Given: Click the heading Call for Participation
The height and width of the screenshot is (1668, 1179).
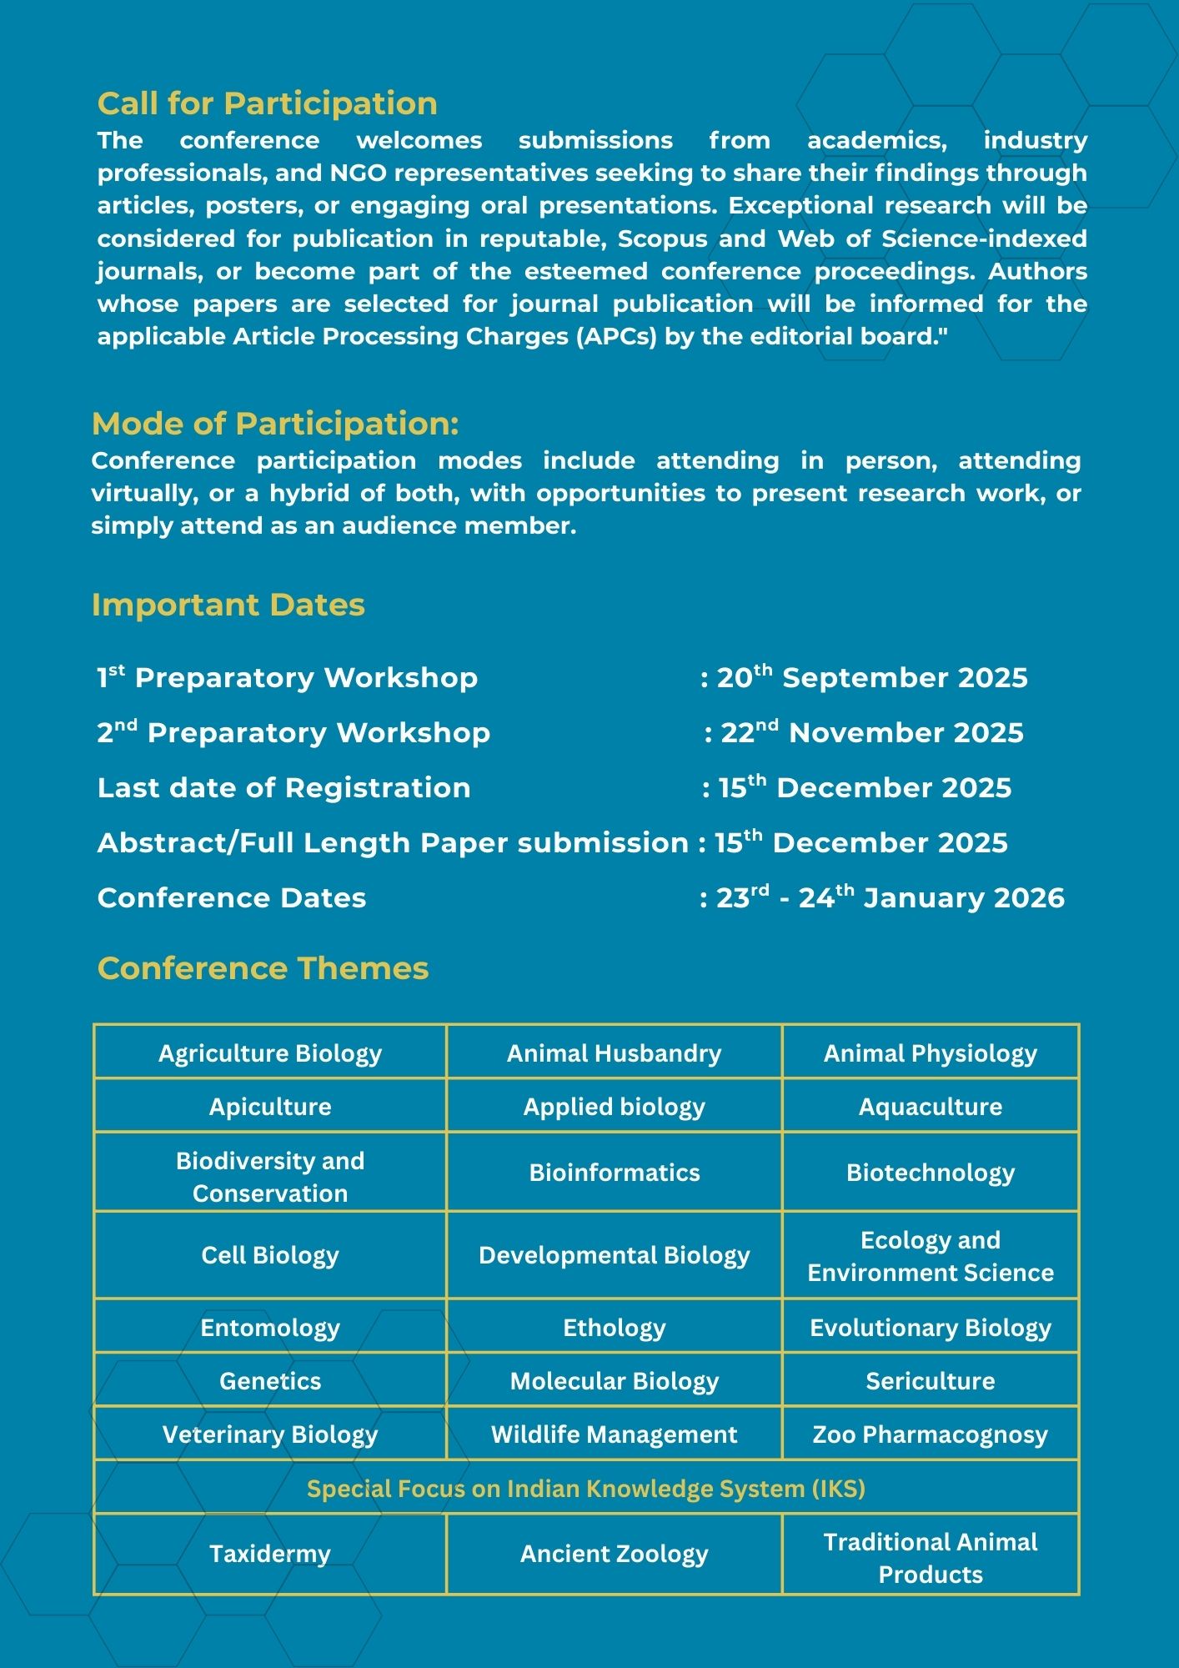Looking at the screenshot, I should [267, 103].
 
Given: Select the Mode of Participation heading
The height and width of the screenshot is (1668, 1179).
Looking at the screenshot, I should [275, 424].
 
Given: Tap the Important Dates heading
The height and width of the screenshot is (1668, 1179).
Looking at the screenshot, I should [228, 605].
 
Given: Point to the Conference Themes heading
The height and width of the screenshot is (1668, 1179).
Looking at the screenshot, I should [263, 968].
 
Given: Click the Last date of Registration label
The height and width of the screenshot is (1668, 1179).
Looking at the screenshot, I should [283, 787].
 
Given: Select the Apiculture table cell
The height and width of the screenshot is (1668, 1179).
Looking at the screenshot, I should [270, 1107].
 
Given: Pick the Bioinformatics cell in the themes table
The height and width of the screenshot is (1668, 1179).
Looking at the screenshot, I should [615, 1173].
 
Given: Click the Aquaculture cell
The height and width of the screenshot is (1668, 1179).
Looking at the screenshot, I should [931, 1107].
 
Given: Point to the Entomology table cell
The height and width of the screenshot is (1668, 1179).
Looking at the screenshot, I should [270, 1328].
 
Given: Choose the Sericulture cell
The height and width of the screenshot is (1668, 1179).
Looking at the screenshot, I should [931, 1381].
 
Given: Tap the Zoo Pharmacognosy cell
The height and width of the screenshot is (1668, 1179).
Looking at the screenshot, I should [931, 1434].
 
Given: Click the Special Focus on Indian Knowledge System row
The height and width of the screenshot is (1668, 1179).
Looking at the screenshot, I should [586, 1489].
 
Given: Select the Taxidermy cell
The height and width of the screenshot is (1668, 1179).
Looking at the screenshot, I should [270, 1554].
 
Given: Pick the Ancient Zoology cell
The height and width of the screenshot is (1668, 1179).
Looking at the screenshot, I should [615, 1554].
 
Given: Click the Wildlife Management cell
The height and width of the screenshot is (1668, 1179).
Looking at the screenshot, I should [615, 1434].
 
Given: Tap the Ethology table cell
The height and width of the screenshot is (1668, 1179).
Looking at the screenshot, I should [615, 1328].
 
